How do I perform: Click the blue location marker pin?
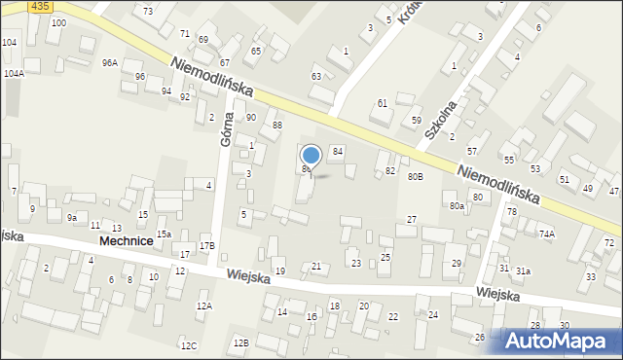tap(311, 156)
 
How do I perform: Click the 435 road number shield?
tap(40, 6)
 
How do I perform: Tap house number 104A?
tap(14, 73)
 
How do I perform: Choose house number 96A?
tap(109, 62)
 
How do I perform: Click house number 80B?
tap(416, 177)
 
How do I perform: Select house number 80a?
tap(457, 206)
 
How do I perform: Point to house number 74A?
tap(547, 234)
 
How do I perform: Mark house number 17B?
tap(206, 246)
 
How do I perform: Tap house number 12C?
tap(188, 345)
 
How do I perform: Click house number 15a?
tap(165, 234)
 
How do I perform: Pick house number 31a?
tap(523, 271)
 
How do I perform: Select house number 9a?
tap(72, 218)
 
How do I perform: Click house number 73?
tap(148, 11)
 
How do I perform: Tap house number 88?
tap(277, 125)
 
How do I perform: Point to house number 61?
tap(383, 102)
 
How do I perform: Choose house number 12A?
tap(203, 306)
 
